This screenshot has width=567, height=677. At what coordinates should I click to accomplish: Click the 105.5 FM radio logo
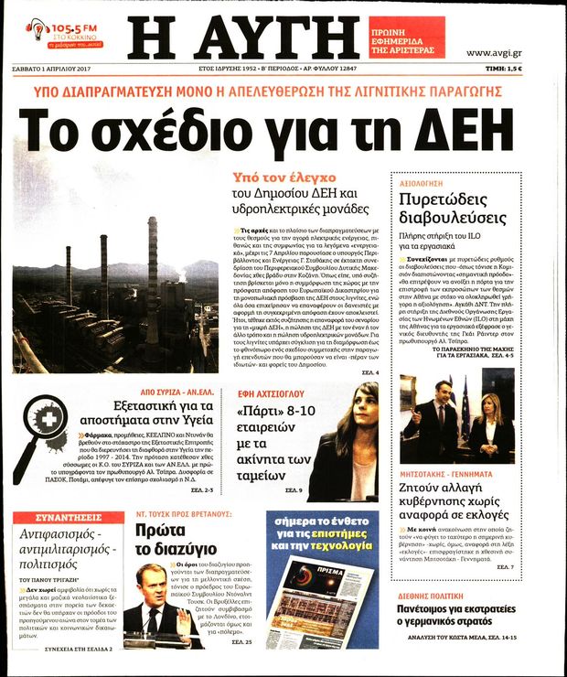pos(63,32)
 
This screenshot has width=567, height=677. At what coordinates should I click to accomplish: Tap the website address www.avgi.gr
pos(494,52)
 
